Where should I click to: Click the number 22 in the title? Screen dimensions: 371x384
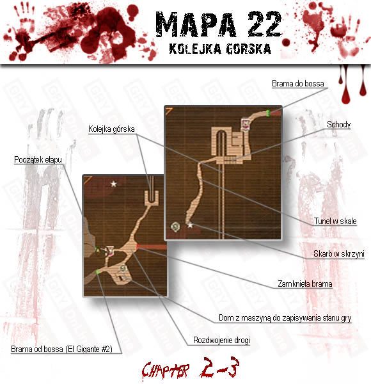[265, 24]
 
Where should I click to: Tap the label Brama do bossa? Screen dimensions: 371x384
[298, 83]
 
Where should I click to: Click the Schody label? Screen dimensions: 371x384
[338, 124]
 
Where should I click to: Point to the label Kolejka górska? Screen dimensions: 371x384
[111, 129]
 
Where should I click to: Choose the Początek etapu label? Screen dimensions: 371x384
[38, 159]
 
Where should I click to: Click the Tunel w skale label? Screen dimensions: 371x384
[335, 221]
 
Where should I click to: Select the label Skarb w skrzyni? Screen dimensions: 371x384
[338, 253]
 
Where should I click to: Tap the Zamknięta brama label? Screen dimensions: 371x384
[305, 284]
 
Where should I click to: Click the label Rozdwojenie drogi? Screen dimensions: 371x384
[221, 340]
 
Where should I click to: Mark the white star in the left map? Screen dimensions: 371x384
[113, 184]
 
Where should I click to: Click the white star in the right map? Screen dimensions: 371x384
[190, 225]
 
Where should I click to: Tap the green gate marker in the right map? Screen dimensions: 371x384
[268, 113]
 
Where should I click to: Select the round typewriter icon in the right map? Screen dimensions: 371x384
[175, 227]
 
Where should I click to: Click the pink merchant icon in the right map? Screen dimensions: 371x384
[245, 124]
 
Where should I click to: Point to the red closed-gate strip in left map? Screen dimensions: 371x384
[151, 246]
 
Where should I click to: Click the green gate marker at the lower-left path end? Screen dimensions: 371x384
[98, 272]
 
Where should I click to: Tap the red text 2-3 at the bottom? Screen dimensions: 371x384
[219, 367]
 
